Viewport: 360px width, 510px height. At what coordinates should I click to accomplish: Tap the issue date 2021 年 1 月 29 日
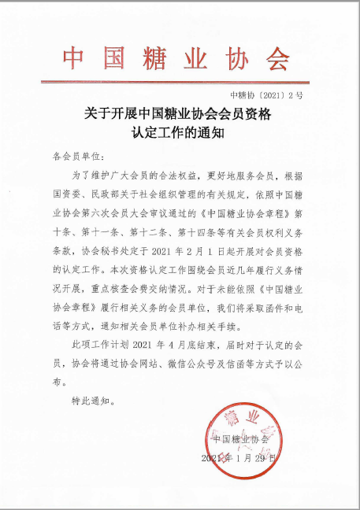click(x=240, y=457)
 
